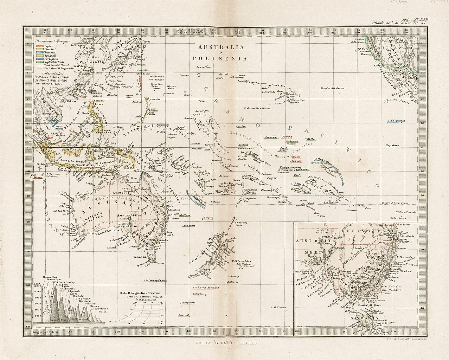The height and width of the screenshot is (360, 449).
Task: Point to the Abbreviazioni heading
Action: [x=48, y=69]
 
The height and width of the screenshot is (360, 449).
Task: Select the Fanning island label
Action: [x=287, y=136]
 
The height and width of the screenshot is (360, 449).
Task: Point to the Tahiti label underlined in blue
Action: [x=307, y=192]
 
